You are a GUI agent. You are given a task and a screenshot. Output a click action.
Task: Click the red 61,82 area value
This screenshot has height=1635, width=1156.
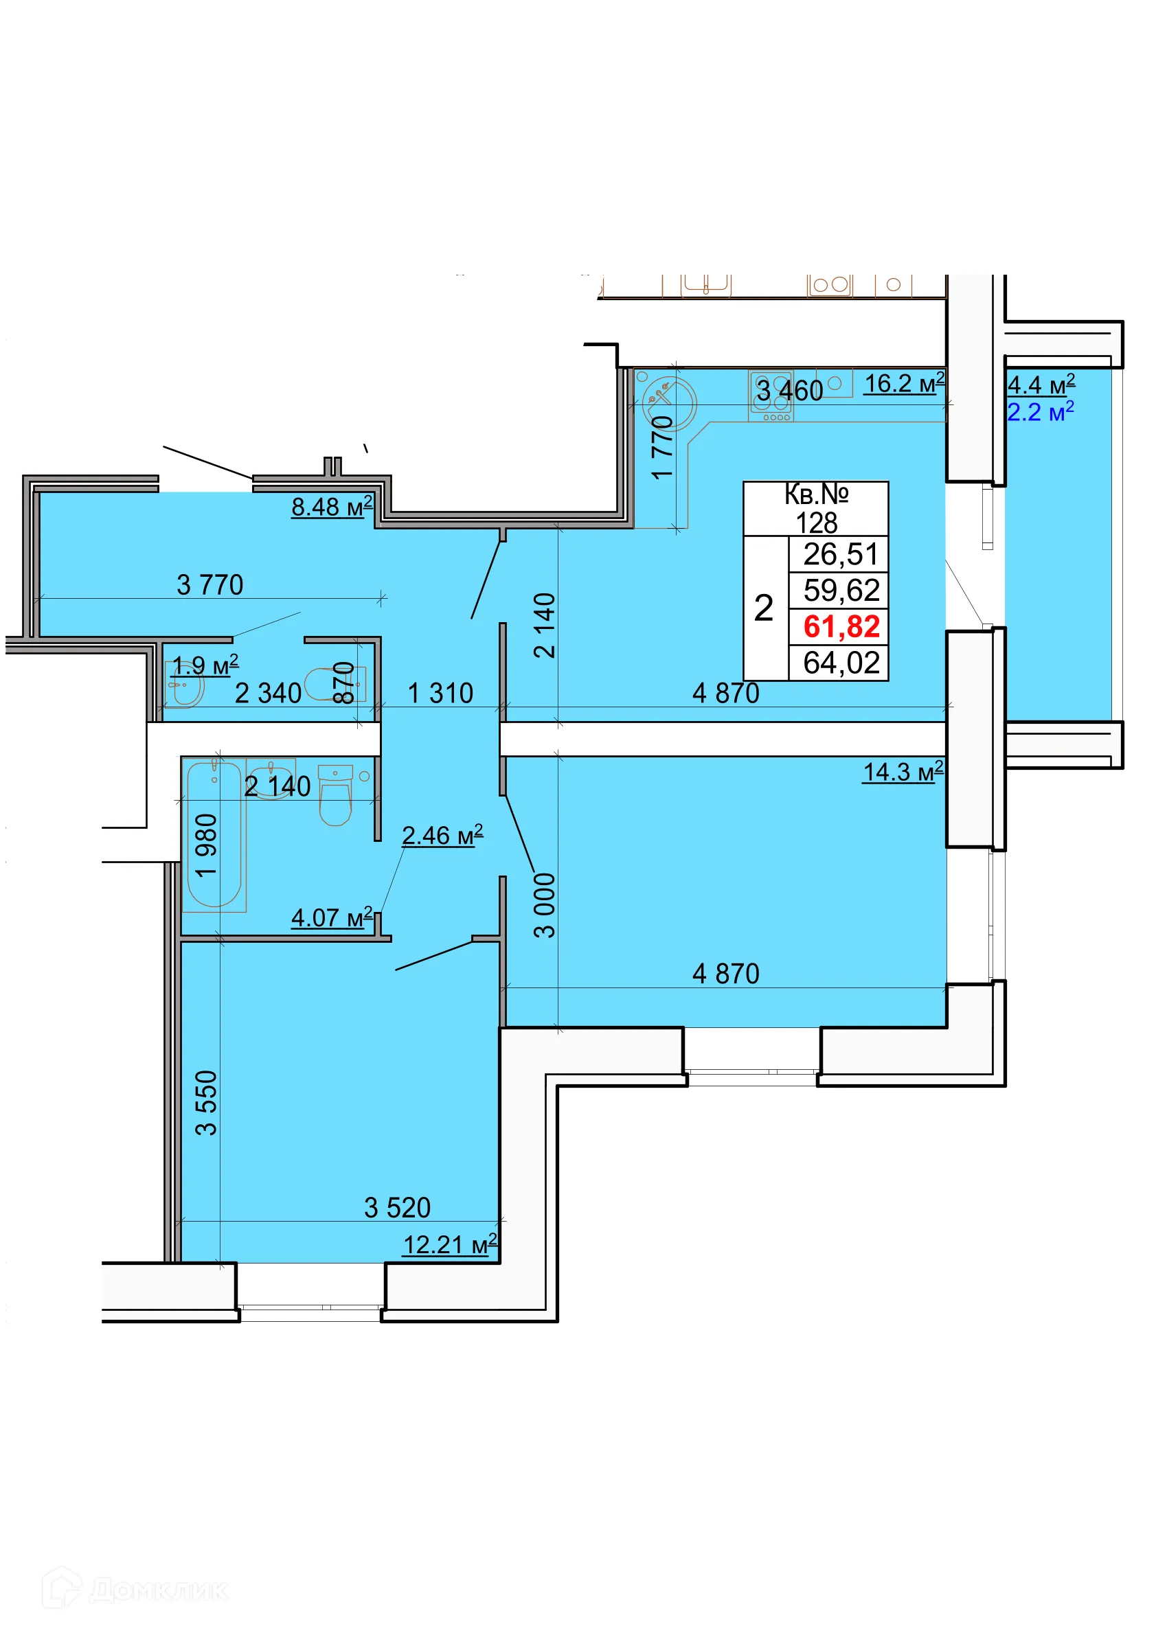click(x=841, y=627)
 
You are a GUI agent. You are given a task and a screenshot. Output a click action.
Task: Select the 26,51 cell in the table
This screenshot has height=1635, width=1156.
click(x=841, y=554)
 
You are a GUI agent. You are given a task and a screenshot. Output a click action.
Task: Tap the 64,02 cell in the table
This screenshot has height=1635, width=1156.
click(x=841, y=663)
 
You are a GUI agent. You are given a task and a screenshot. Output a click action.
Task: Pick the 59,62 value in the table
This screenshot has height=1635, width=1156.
click(x=841, y=591)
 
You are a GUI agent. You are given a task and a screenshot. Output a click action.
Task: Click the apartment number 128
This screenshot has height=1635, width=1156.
click(x=816, y=523)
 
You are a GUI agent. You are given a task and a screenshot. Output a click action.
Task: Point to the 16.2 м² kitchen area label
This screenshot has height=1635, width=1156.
click(x=904, y=383)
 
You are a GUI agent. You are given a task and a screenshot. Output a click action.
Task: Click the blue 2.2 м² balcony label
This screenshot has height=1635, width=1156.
click(x=1040, y=411)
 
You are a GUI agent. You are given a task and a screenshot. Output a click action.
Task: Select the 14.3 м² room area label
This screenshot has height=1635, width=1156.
click(x=903, y=771)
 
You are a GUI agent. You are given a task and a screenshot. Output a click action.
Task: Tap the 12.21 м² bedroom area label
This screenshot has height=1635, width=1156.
click(x=450, y=1246)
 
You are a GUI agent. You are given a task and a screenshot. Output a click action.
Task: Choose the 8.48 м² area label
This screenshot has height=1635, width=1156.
click(x=332, y=507)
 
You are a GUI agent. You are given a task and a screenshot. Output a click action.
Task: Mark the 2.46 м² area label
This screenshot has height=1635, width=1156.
click(x=442, y=835)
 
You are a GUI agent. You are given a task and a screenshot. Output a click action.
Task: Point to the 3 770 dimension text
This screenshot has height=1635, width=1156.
click(x=210, y=585)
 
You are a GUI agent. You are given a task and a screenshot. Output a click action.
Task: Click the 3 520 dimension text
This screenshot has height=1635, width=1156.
click(x=398, y=1209)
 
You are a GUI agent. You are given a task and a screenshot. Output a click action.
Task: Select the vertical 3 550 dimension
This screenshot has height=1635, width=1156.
click(x=206, y=1103)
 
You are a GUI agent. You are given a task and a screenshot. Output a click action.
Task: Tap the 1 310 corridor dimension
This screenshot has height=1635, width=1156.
click(x=440, y=694)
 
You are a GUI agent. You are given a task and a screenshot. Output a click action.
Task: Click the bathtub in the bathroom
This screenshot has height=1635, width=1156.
click(x=214, y=834)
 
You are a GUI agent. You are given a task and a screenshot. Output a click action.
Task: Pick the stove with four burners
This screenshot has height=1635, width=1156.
click(x=771, y=396)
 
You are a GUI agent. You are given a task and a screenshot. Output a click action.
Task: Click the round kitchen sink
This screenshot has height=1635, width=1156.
click(x=669, y=404)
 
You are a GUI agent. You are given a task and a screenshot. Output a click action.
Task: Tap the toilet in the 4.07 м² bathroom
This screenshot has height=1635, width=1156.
click(x=335, y=794)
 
